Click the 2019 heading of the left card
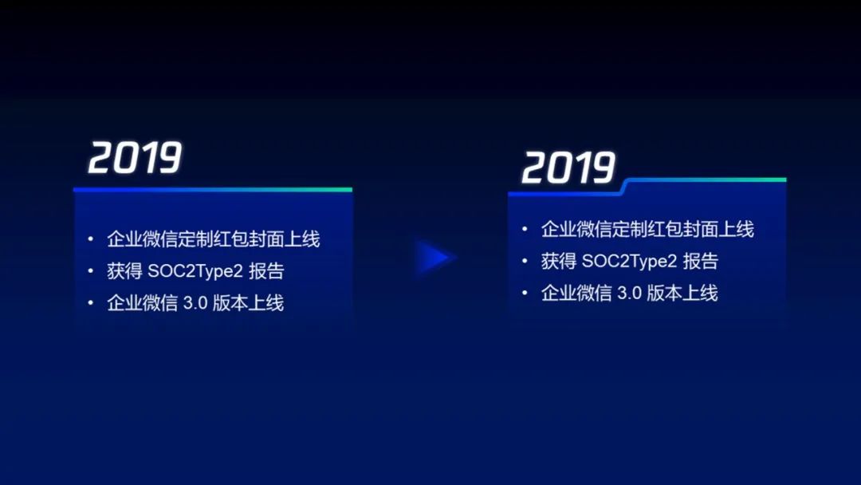135,158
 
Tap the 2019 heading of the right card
568,168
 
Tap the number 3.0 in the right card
630,293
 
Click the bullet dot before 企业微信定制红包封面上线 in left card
91,239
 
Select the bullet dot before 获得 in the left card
91,271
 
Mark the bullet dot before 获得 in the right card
525,261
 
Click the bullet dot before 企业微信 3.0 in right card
525,293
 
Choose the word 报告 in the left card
266,271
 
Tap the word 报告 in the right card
701,261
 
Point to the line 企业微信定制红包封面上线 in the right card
647,230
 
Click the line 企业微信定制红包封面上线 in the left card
214,239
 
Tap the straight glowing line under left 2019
213,190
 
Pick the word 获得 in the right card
557,261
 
